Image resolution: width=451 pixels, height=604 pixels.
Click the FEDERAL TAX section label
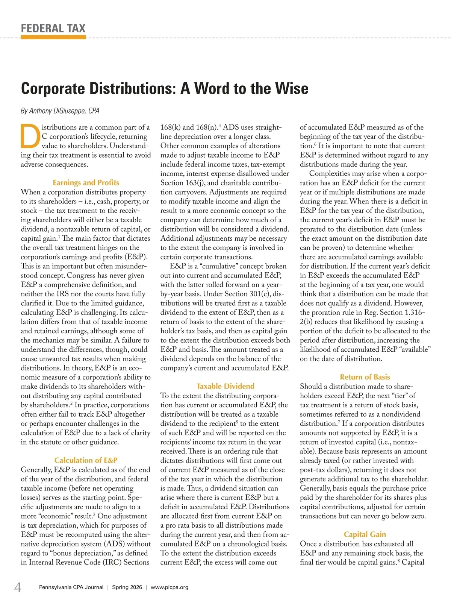(x=53, y=29)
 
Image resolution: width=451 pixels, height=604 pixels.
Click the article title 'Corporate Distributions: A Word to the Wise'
(x=165, y=89)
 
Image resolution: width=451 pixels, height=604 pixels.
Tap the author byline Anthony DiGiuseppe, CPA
(x=60, y=111)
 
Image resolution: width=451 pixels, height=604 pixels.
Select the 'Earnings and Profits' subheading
(x=86, y=183)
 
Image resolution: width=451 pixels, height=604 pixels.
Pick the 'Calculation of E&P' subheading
(x=86, y=460)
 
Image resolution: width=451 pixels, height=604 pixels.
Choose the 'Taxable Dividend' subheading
(x=225, y=386)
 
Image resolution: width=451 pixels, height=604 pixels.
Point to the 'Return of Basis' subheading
(x=365, y=377)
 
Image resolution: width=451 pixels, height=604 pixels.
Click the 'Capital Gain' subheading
(x=365, y=534)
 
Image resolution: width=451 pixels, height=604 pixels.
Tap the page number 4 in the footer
(x=18, y=587)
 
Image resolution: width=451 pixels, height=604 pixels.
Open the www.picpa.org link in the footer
(x=170, y=587)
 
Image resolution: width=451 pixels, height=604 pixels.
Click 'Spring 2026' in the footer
(x=127, y=587)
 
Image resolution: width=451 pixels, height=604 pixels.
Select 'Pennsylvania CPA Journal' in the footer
(x=71, y=587)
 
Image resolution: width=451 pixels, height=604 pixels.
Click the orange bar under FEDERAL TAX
(x=53, y=37)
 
